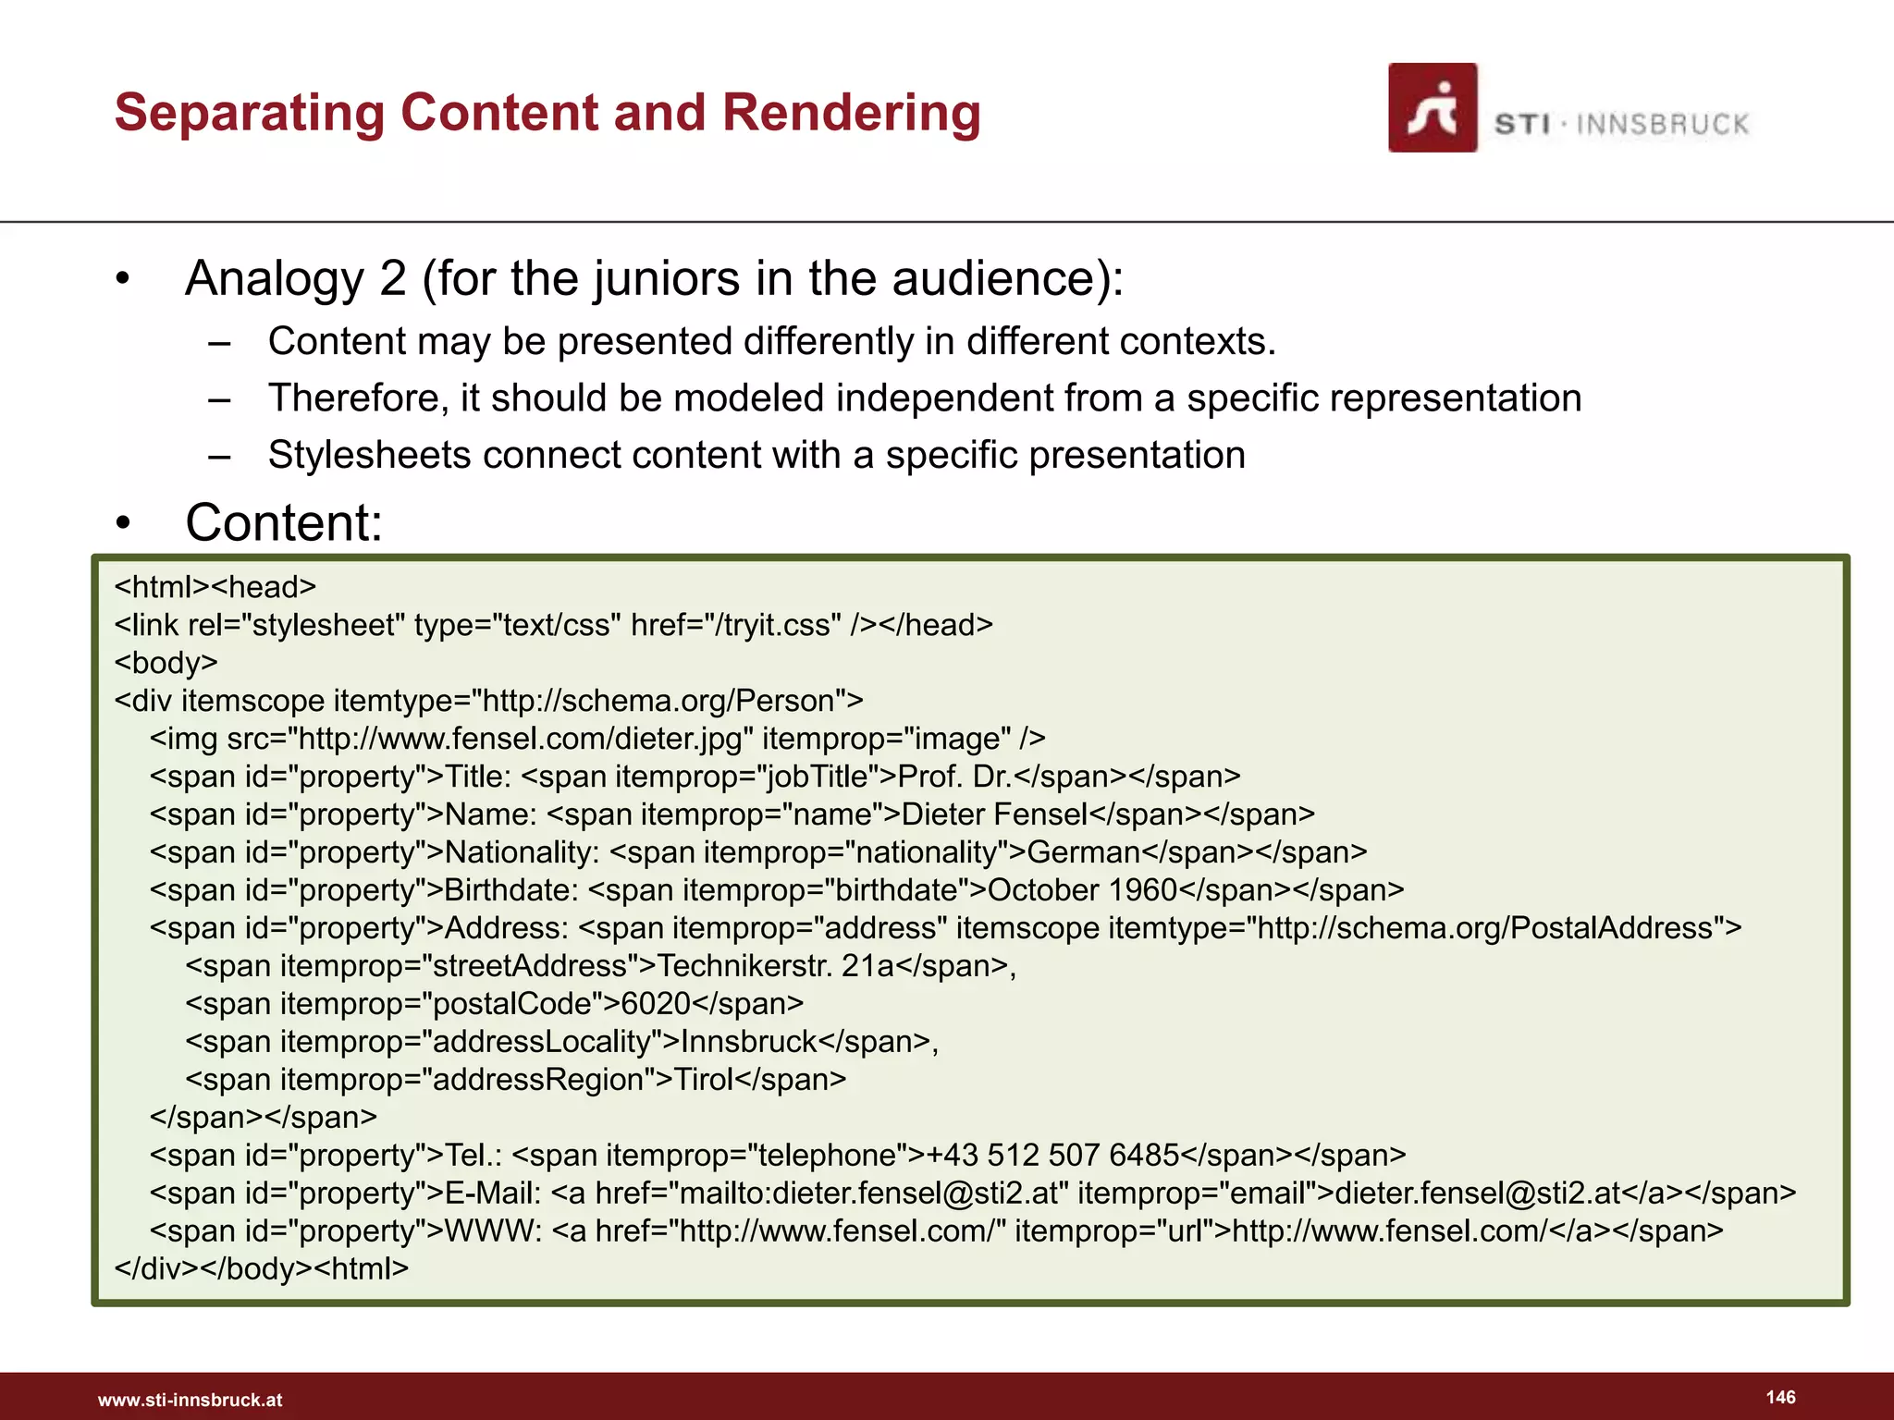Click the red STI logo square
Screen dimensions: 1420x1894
[x=1432, y=107]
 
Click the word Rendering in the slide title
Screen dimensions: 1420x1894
[x=851, y=113]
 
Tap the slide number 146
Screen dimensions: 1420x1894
[x=1780, y=1397]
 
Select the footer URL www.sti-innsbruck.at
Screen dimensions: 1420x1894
[x=190, y=1400]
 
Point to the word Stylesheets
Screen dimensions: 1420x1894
[x=369, y=455]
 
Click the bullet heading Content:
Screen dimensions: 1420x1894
[x=284, y=522]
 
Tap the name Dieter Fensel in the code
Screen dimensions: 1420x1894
[x=994, y=814]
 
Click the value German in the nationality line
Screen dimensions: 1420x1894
[x=1084, y=852]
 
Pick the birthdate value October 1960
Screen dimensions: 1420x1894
[x=1082, y=890]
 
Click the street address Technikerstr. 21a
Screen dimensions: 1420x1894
[x=776, y=966]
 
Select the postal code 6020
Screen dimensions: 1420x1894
[x=656, y=1004]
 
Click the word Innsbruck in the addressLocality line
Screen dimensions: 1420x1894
[x=749, y=1042]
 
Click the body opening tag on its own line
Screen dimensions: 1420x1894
[x=166, y=663]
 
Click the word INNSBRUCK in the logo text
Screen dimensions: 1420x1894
[x=1662, y=124]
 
